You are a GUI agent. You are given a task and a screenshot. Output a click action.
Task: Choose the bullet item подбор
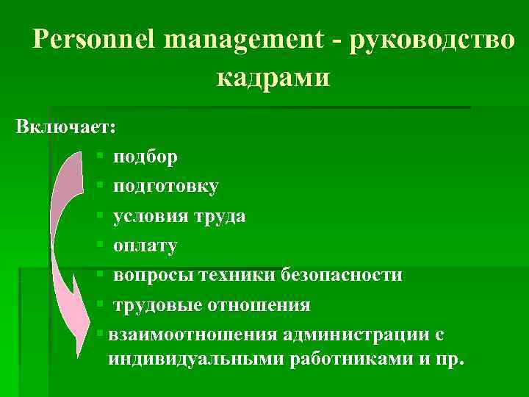coord(145,157)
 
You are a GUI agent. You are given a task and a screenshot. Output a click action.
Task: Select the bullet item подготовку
coord(165,186)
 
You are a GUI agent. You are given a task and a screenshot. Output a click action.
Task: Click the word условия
coord(151,216)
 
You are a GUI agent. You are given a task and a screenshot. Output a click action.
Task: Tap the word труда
coord(220,216)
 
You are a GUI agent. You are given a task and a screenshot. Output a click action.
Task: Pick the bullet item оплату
coord(145,246)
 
